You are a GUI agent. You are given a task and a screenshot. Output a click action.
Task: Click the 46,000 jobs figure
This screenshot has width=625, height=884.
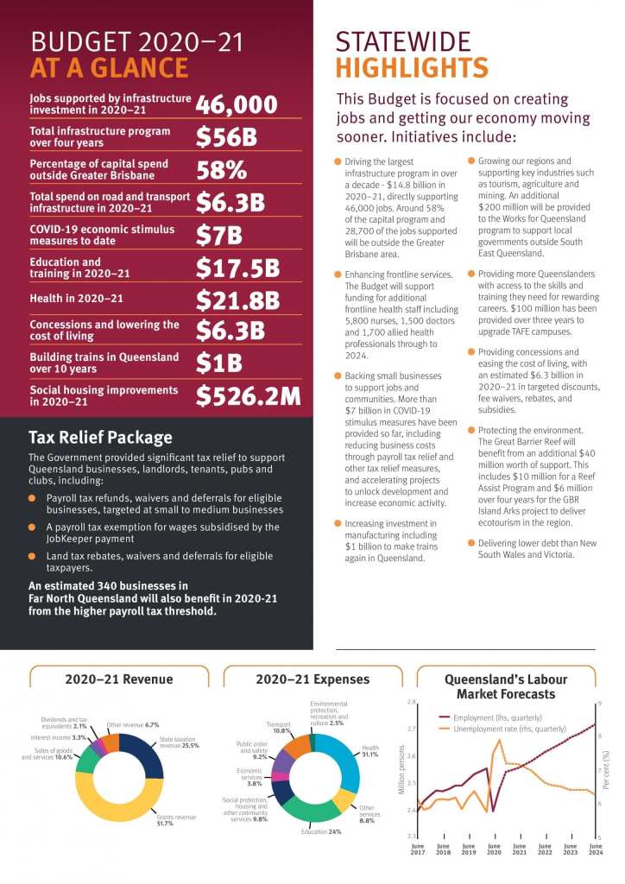(237, 105)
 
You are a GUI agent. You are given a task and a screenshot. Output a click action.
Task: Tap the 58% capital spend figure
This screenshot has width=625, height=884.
(222, 169)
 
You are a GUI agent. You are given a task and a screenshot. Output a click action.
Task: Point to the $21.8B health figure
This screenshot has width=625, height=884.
(237, 300)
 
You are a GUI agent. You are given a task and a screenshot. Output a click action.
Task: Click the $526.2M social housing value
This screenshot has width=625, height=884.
(248, 395)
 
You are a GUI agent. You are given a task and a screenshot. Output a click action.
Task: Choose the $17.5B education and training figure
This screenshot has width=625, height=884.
(237, 268)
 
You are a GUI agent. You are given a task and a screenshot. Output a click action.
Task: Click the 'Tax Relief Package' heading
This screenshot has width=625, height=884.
(100, 437)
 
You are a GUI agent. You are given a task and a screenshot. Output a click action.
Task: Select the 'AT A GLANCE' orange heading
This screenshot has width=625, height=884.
(109, 68)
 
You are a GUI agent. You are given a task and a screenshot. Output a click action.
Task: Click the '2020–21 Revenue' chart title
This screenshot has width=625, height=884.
(119, 679)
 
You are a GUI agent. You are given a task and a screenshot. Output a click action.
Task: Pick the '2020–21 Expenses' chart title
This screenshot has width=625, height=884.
(312, 679)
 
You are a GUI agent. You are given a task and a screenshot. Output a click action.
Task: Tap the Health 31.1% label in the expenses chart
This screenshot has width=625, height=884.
(370, 751)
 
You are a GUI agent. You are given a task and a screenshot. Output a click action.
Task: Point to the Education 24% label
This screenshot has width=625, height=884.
(321, 831)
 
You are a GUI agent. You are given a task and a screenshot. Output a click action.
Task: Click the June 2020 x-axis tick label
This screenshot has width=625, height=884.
(494, 851)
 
